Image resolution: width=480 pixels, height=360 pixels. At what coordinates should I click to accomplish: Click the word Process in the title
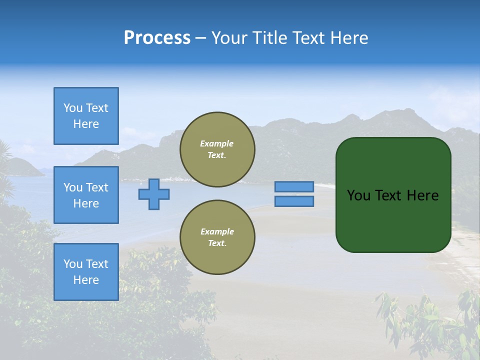click(157, 38)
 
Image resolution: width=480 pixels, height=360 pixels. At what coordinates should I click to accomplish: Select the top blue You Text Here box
click(86, 116)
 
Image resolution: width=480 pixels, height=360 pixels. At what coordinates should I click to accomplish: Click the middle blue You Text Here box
click(86, 195)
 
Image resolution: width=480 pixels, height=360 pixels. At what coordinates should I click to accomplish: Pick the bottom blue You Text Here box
click(86, 272)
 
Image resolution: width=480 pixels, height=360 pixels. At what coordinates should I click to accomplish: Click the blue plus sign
click(154, 194)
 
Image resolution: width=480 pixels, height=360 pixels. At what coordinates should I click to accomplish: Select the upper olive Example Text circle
click(217, 149)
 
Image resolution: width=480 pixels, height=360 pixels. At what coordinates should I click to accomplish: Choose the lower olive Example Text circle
click(217, 237)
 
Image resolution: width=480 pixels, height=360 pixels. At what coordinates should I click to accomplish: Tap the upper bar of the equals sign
click(294, 186)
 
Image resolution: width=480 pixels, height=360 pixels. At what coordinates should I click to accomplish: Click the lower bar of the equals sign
click(294, 201)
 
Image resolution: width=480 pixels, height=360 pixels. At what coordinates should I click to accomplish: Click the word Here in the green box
click(422, 195)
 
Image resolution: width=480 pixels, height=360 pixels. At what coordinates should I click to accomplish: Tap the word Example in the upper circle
click(217, 143)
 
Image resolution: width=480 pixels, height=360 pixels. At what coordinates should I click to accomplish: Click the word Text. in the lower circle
click(217, 243)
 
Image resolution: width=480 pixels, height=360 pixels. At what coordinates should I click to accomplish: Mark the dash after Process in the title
click(201, 38)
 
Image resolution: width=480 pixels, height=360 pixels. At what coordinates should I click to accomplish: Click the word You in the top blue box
click(73, 108)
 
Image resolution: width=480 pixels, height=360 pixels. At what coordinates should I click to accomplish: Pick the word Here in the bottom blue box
click(86, 280)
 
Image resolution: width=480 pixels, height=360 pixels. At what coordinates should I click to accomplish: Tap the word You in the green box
click(359, 195)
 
